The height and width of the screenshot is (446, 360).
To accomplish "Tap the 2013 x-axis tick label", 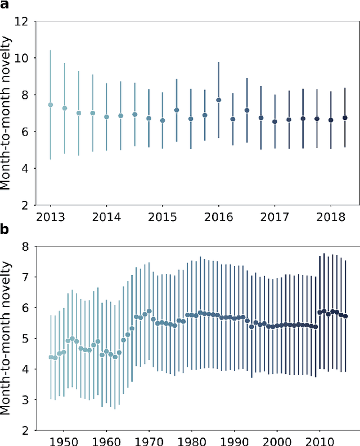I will coord(50,216).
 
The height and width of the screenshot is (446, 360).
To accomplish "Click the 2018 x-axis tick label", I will coord(331,216).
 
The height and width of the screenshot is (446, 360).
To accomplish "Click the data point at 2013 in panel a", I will coord(51,105).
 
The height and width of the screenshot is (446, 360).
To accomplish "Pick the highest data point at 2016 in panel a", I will coord(219,100).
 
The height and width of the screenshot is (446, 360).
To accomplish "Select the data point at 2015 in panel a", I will coord(163,120).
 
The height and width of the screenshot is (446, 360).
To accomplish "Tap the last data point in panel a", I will coord(345,118).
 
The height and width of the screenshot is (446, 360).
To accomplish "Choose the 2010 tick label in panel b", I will coord(319,441).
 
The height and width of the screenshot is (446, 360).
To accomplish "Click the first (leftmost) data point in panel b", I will coord(51,357).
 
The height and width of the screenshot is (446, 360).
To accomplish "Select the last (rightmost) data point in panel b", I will coord(345,316).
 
